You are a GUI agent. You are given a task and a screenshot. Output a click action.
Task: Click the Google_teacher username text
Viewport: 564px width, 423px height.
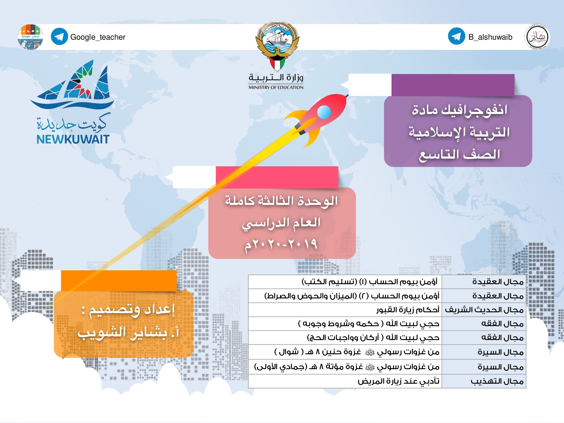98,37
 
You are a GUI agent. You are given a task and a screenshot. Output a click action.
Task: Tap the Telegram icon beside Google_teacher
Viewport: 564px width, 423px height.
59,37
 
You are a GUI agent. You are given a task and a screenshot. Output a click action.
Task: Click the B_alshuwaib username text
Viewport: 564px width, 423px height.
490,37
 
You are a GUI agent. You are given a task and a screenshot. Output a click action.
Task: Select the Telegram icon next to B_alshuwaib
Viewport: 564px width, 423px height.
457,36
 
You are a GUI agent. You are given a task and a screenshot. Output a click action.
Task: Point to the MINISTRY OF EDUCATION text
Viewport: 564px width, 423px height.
276,88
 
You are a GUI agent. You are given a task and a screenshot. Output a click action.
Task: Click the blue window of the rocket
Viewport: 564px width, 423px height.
324,112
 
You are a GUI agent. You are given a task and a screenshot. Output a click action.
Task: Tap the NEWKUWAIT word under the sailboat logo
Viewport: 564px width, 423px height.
73,139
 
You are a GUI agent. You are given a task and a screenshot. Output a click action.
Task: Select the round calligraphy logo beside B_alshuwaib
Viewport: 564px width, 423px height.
537,37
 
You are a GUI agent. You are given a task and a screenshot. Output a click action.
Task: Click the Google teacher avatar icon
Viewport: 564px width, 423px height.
30,37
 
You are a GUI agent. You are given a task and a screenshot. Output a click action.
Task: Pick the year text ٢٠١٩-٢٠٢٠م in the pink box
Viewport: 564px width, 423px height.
281,245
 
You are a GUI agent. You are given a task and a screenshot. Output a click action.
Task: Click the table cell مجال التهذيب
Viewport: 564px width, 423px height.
497,381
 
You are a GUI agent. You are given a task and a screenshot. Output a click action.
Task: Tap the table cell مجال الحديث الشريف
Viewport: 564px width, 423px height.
484,310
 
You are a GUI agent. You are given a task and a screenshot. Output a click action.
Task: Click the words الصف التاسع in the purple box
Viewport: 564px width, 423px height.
460,154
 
